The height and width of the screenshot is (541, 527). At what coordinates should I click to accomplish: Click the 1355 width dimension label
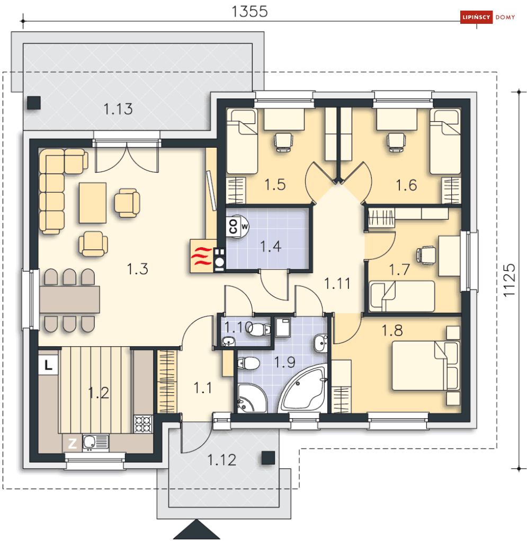(249, 12)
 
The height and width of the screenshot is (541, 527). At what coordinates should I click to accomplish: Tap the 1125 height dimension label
(510, 280)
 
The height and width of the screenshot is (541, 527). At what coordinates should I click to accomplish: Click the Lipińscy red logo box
(476, 17)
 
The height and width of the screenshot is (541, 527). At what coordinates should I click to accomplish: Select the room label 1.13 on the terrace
(118, 109)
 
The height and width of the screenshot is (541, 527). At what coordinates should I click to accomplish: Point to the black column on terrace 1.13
(34, 103)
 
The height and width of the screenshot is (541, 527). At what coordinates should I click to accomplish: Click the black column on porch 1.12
(268, 458)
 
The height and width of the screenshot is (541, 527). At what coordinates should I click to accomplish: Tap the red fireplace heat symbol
(201, 256)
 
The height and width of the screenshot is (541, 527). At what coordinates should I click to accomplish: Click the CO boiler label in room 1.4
(233, 227)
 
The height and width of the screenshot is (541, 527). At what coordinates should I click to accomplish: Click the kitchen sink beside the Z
(95, 442)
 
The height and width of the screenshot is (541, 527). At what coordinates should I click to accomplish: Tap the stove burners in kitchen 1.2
(143, 424)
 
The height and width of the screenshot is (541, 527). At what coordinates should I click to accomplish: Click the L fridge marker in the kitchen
(48, 365)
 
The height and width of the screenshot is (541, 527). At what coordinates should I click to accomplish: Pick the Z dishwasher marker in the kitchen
(72, 444)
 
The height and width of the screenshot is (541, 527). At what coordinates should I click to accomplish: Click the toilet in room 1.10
(259, 329)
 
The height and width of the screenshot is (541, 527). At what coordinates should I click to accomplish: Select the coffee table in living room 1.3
(93, 203)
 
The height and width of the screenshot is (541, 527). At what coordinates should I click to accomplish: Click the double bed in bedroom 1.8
(426, 366)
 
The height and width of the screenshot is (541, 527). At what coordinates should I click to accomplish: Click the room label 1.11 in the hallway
(337, 284)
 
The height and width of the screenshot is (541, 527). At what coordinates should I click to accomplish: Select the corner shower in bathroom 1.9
(252, 398)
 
